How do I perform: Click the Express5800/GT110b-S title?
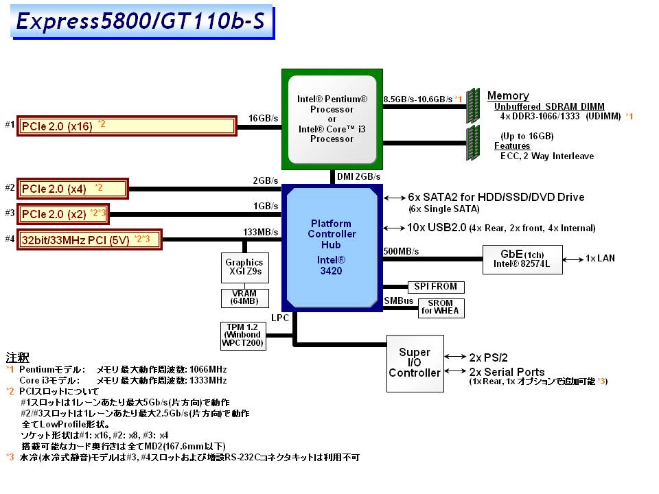pos(140,22)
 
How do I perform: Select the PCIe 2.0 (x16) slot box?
pos(127,126)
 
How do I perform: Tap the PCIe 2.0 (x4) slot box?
pos(72,188)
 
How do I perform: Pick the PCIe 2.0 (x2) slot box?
pos(62,213)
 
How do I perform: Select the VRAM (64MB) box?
pos(244,298)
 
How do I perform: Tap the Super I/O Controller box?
pos(415,363)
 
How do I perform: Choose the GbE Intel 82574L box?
pos(522,259)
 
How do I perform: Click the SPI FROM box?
pos(435,287)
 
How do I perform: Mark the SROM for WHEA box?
pos(441,308)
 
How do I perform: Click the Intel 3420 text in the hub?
pos(331,266)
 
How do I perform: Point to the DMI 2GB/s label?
pos(359,177)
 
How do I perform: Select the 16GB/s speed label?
pos(264,118)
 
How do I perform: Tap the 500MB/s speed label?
pos(401,251)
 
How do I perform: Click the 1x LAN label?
pos(600,259)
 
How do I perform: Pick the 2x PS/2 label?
pos(488,357)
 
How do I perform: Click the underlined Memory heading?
pos(508,96)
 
